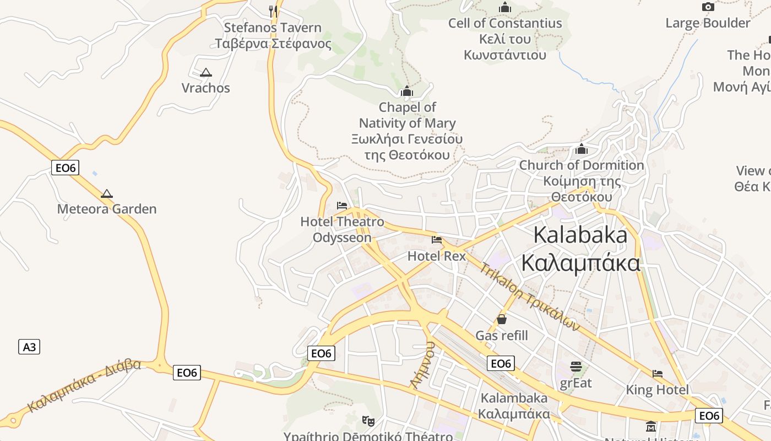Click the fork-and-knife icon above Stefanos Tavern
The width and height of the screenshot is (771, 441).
click(x=272, y=9)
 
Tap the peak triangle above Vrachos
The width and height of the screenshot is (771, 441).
click(x=206, y=72)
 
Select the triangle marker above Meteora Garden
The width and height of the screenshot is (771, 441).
click(x=107, y=193)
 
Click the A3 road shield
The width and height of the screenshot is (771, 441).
click(x=29, y=347)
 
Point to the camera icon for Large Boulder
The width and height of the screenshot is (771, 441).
click(x=708, y=7)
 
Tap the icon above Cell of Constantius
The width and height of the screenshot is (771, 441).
click(x=504, y=8)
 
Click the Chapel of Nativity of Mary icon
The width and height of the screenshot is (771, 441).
click(x=407, y=91)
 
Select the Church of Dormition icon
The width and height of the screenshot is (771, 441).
click(x=582, y=149)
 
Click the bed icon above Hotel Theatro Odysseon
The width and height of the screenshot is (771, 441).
click(x=342, y=206)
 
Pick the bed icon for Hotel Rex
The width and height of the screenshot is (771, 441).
click(x=437, y=240)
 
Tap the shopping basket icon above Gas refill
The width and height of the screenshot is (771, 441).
click(x=502, y=319)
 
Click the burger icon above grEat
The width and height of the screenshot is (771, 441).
click(x=576, y=367)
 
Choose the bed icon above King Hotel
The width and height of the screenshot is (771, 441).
click(x=658, y=374)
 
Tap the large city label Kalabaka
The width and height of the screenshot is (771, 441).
click(x=580, y=235)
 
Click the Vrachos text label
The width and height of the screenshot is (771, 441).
click(x=206, y=88)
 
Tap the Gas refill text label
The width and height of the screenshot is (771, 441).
click(x=502, y=336)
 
